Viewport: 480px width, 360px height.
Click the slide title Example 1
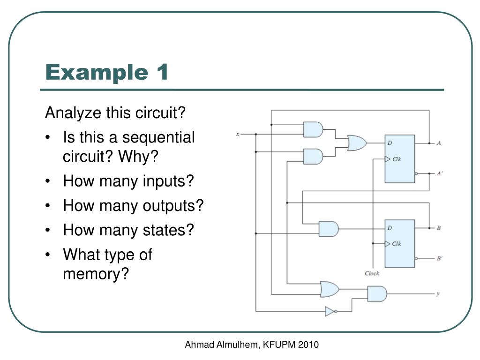point(106,72)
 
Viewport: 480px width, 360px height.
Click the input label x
point(238,134)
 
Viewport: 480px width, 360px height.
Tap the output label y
point(438,294)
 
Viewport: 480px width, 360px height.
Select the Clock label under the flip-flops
point(372,273)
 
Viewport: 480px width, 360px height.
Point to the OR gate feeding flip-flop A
point(357,143)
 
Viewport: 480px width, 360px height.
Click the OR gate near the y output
point(330,289)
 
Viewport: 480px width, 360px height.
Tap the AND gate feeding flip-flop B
point(329,229)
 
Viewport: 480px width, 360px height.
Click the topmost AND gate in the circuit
point(313,129)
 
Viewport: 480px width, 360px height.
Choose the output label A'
point(439,173)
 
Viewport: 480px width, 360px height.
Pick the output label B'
point(439,258)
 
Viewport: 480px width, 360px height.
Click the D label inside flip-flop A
point(390,143)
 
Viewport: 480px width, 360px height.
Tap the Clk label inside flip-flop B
point(397,244)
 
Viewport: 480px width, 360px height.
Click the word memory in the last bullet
point(96,274)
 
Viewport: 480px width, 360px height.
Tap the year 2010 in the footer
point(308,345)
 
